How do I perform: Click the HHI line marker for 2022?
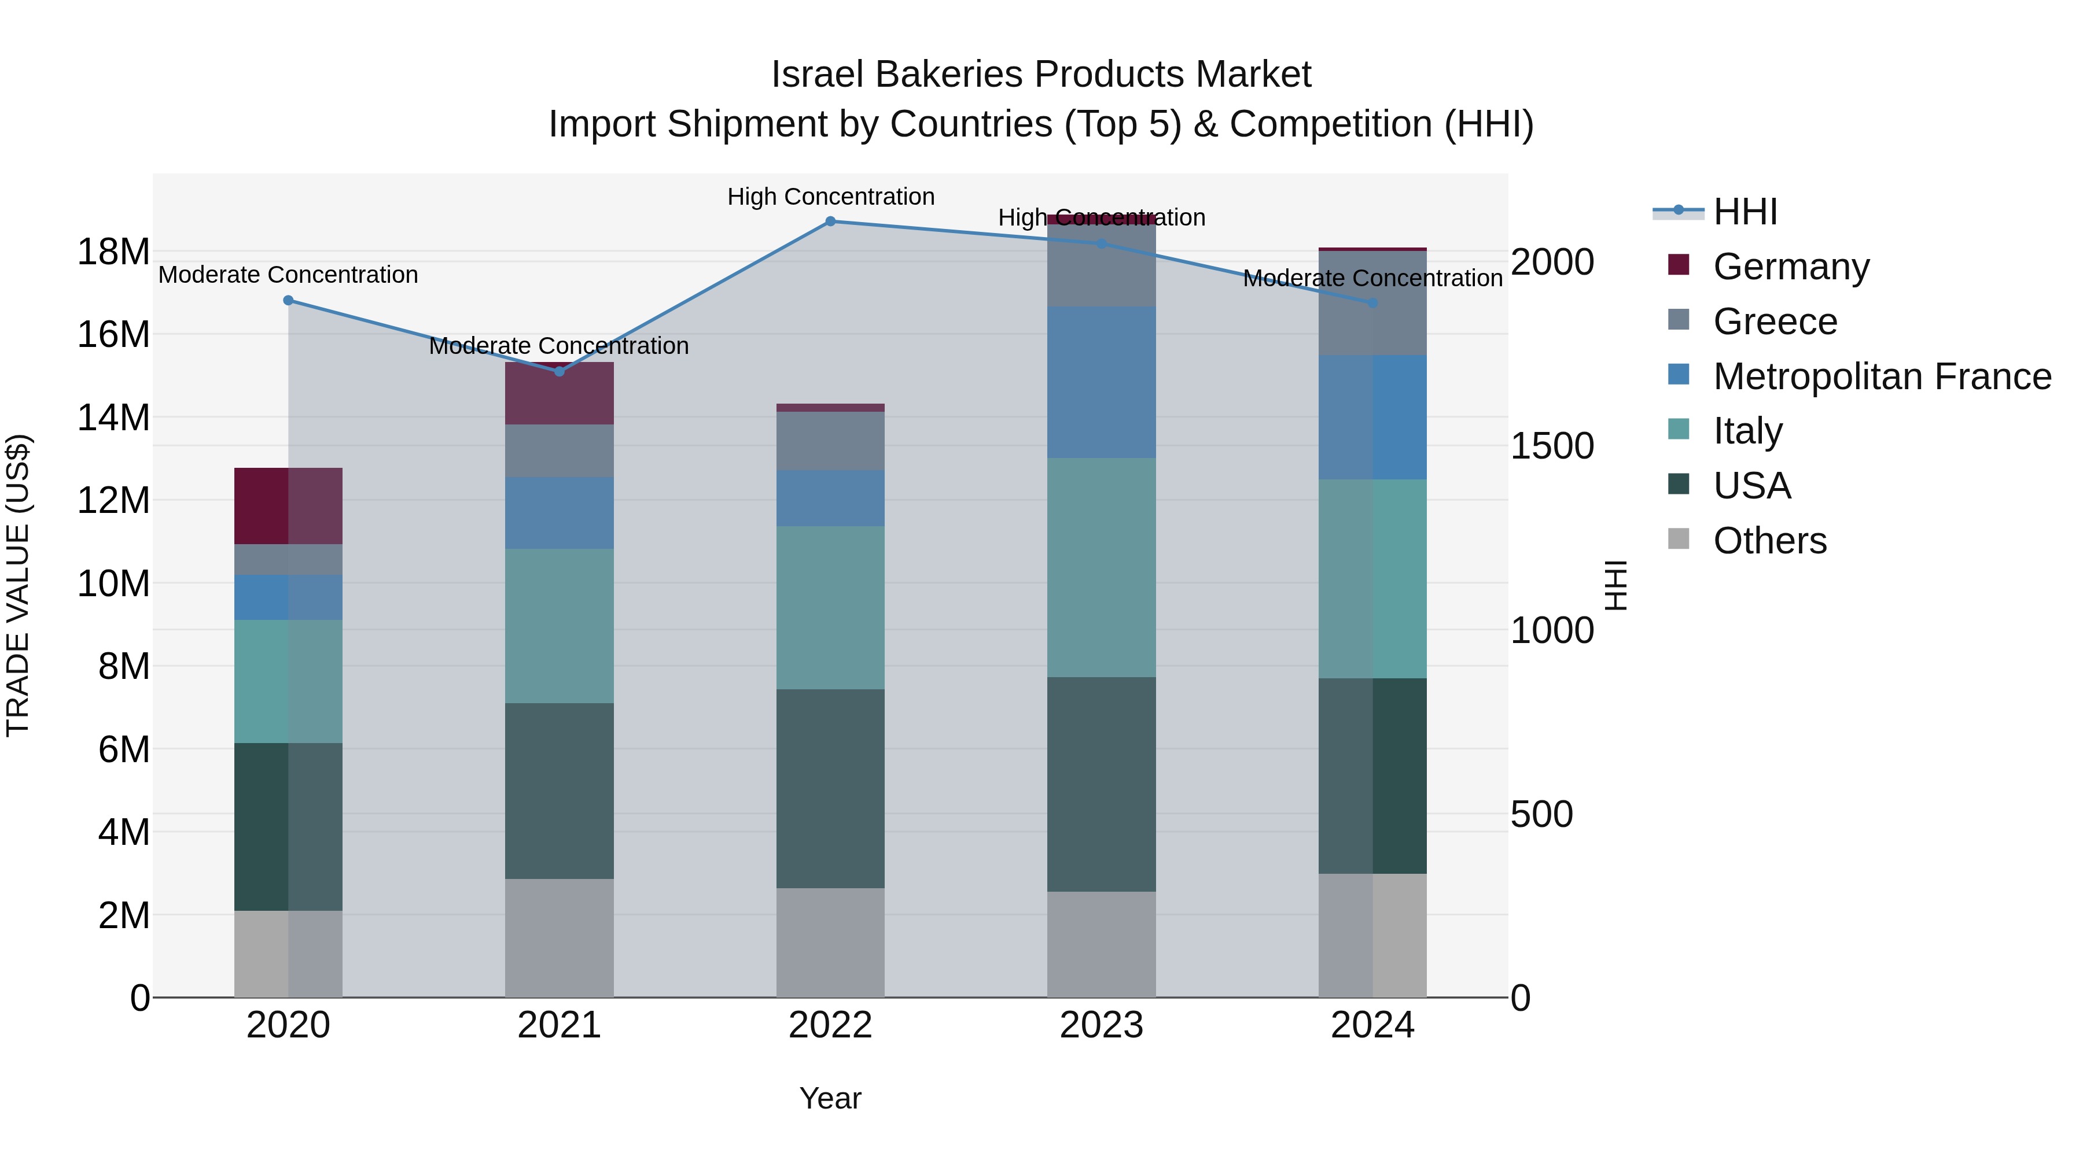coord(830,221)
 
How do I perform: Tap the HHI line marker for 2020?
coord(288,301)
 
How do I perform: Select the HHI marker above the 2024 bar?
coord(1372,303)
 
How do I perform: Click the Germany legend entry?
coord(1790,267)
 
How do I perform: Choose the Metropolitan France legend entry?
coord(1881,376)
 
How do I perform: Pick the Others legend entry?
coord(1769,541)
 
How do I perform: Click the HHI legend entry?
coord(1745,212)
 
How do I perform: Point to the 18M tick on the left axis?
coord(113,252)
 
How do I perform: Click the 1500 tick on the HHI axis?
coord(1552,446)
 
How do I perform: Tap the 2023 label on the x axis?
coord(1101,1025)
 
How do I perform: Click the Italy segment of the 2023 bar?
coord(1101,567)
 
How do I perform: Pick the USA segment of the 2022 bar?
coord(830,788)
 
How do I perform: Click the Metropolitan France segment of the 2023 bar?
coord(1101,382)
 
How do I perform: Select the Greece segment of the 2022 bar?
coord(830,441)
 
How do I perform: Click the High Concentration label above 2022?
coord(830,197)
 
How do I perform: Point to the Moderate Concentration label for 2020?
coord(288,275)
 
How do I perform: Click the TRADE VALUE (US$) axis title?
coord(18,585)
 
